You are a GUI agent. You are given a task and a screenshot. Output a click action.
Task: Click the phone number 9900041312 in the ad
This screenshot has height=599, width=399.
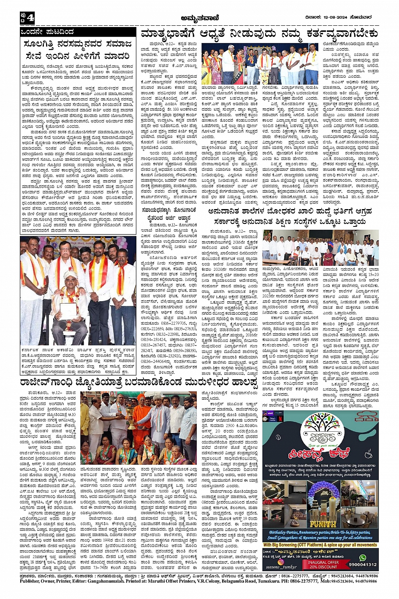(x=363, y=564)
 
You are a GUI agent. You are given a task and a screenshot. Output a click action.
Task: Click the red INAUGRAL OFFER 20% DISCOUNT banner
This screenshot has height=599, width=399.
(x=323, y=564)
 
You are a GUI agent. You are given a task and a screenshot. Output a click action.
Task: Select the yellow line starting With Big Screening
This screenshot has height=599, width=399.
(x=320, y=545)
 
